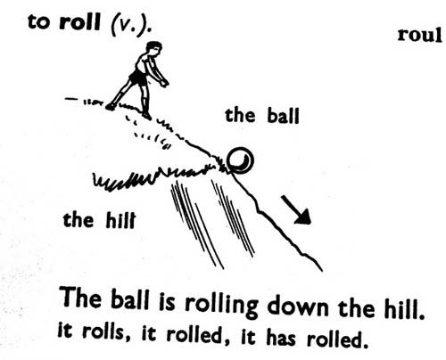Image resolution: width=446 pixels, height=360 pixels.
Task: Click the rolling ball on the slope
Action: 240,160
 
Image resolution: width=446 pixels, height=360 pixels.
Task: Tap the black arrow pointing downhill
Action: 296,209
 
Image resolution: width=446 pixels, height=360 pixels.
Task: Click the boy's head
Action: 154,49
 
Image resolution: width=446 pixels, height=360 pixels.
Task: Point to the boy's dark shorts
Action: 138,77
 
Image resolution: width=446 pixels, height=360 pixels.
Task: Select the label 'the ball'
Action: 262,116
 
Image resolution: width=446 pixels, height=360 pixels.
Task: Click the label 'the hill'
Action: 99,220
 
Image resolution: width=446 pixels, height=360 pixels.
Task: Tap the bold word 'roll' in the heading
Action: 79,21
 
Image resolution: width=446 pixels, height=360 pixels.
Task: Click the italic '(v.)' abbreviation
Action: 129,25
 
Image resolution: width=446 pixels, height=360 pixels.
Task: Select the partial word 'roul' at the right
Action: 419,35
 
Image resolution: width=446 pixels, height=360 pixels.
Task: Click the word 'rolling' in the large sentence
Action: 221,304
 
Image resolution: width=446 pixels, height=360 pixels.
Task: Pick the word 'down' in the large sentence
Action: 297,306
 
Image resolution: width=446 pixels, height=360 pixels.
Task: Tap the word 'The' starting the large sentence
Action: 81,297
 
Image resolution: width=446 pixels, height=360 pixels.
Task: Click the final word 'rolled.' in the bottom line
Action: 336,339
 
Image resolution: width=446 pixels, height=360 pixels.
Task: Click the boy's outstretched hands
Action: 164,83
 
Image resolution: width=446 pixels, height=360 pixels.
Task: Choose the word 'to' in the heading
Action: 39,22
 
